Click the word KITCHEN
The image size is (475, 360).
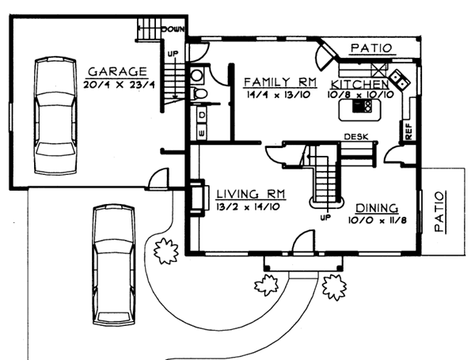tap(359, 84)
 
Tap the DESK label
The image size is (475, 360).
tap(353, 137)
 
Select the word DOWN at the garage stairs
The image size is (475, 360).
tap(173, 29)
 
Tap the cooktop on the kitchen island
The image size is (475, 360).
tap(359, 111)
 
